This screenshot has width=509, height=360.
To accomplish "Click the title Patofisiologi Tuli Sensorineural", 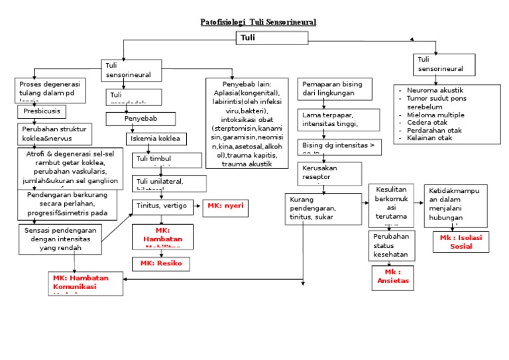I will [258, 22].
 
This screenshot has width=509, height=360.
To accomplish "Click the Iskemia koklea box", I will [156, 139].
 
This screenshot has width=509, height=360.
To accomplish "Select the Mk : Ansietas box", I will [392, 277].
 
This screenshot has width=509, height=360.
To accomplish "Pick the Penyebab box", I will [141, 119].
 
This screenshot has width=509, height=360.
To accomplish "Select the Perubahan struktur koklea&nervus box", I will [54, 134].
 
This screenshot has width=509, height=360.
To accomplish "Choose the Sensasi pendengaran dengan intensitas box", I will [60, 239].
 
